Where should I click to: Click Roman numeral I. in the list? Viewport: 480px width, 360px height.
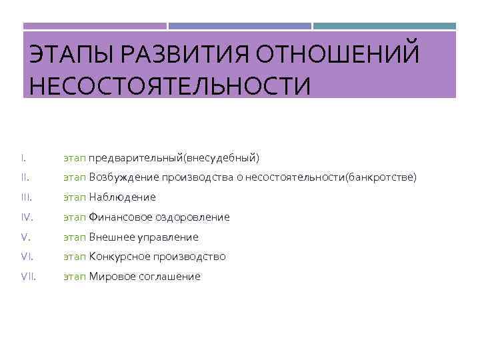pos(23,158)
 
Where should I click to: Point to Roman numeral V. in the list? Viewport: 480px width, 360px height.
pos(25,237)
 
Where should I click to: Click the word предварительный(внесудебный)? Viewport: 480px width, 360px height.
pos(174,159)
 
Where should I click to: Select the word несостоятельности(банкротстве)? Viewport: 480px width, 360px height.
pos(331,178)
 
